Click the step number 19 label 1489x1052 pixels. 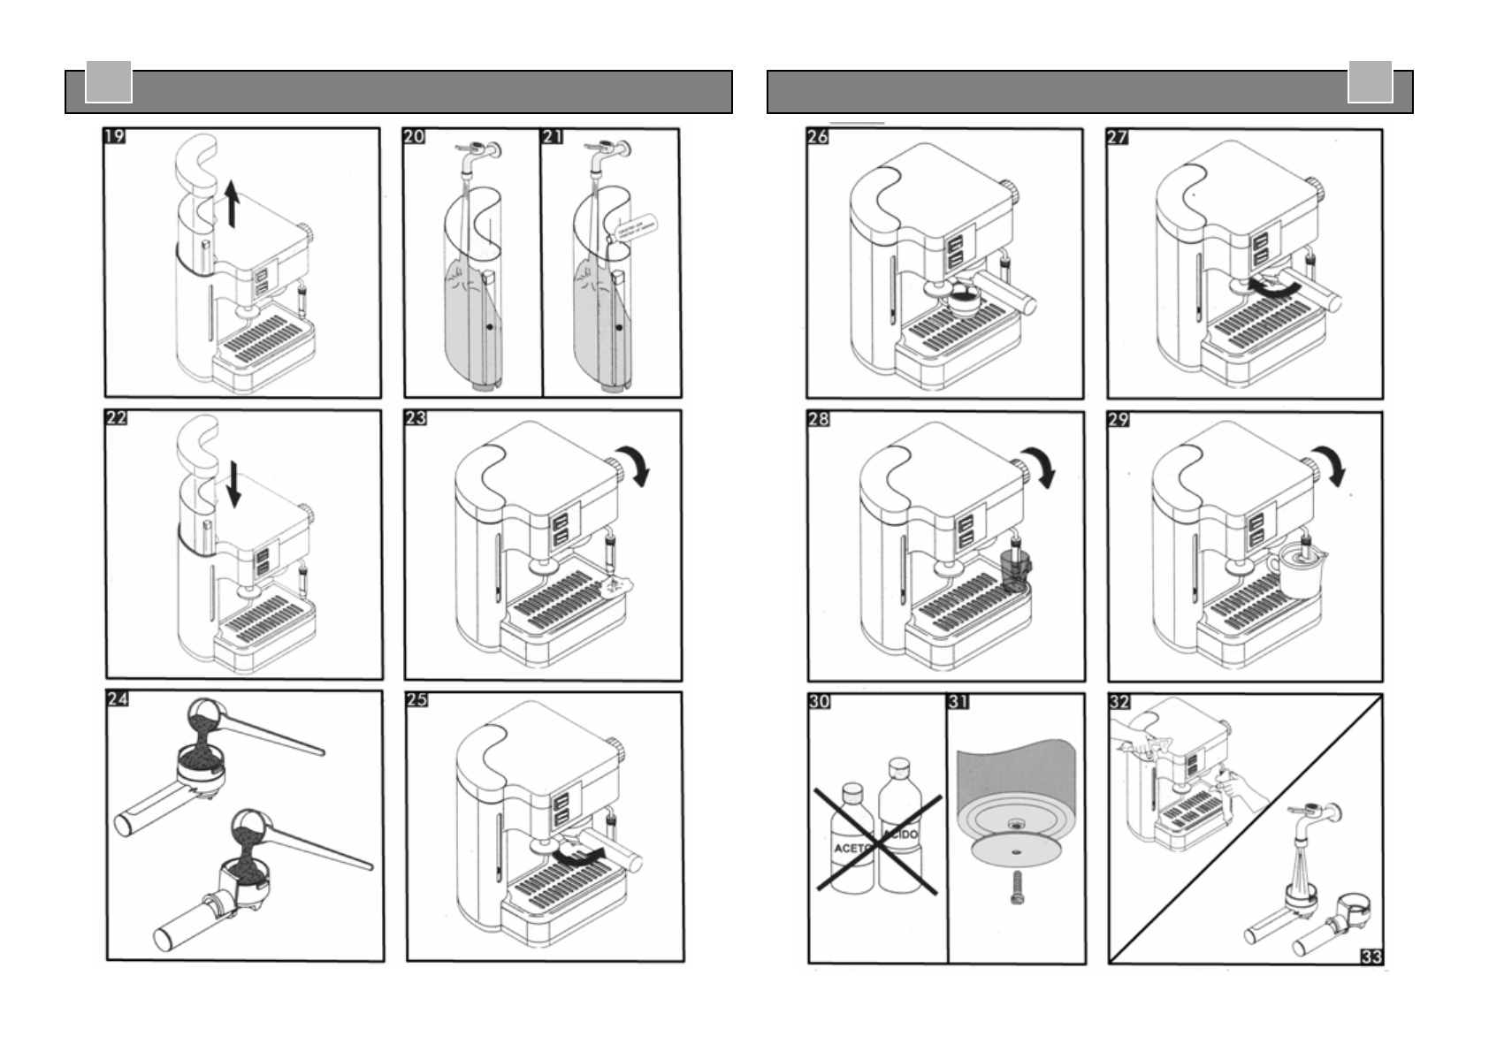(x=115, y=136)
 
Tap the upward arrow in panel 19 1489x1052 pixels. (x=232, y=202)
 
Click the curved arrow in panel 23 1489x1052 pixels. (x=635, y=463)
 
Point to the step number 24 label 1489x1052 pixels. (x=118, y=699)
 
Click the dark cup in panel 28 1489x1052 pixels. (x=1015, y=569)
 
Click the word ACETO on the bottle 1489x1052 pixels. (x=852, y=848)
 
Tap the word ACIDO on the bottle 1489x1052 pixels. (x=901, y=834)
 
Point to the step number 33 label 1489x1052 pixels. (x=1371, y=956)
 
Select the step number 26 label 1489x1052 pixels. (x=818, y=137)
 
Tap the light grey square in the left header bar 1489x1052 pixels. (x=109, y=83)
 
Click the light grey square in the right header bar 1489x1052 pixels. (x=1370, y=83)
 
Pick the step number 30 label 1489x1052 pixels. (x=820, y=701)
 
